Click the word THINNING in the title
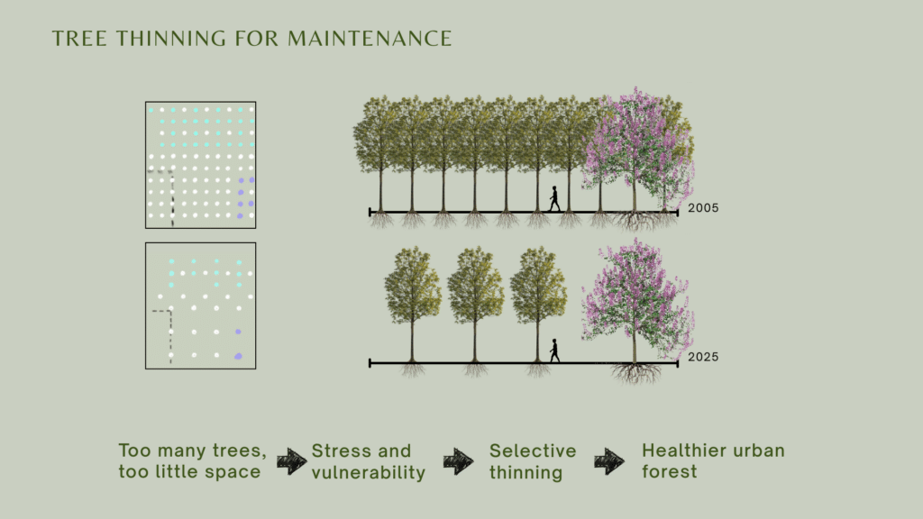(x=170, y=39)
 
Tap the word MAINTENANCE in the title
(x=370, y=39)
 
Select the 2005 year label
(x=703, y=208)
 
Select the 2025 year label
(x=703, y=357)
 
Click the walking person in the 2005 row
(x=554, y=199)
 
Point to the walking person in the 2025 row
(x=554, y=351)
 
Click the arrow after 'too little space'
(x=291, y=460)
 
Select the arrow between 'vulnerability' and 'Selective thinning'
(x=458, y=460)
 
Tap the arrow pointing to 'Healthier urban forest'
(x=609, y=460)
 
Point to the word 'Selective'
(x=533, y=451)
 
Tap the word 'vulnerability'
(x=369, y=472)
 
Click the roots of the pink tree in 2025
(x=635, y=373)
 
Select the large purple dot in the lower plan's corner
(x=238, y=356)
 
